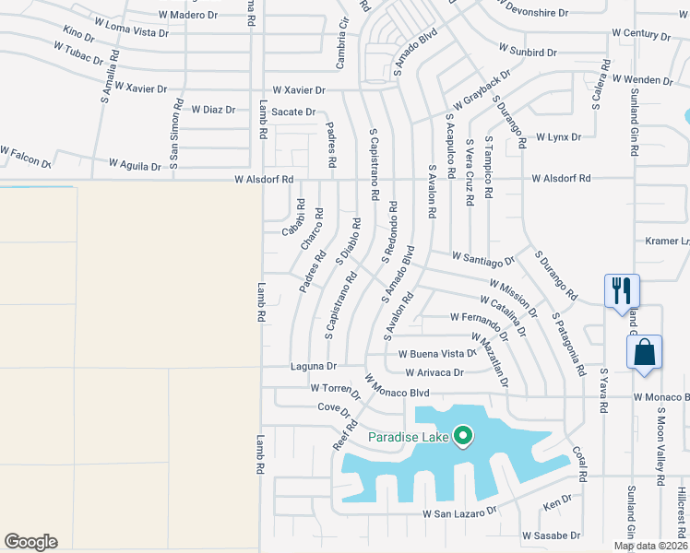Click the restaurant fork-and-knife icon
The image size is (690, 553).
tap(620, 290)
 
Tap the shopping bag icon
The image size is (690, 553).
tap(643, 351)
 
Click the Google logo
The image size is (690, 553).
tap(30, 542)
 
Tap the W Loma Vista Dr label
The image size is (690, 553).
tap(127, 32)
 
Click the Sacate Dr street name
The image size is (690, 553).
tap(293, 112)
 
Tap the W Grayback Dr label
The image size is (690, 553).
tap(481, 89)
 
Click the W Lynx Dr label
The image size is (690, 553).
tap(558, 136)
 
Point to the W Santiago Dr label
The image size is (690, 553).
tap(482, 261)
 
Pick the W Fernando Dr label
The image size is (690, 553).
tap(480, 317)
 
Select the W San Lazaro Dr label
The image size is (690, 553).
tap(459, 511)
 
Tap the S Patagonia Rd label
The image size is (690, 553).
tap(568, 344)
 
